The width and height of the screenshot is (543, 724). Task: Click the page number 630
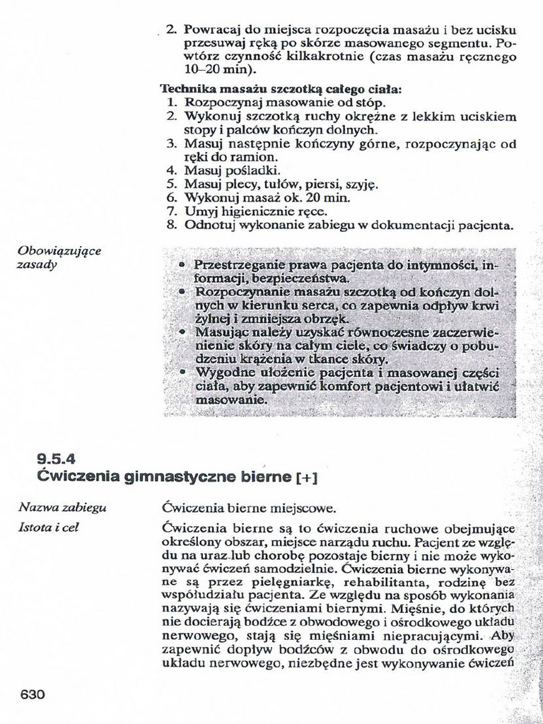point(33,694)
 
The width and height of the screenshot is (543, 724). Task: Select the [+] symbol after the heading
point(305,478)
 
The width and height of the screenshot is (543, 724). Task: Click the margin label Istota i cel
point(48,527)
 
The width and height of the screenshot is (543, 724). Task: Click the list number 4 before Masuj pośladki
point(170,170)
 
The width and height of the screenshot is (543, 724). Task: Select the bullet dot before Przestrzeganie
point(181,265)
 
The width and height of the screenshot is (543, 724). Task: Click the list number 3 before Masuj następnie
point(170,144)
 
